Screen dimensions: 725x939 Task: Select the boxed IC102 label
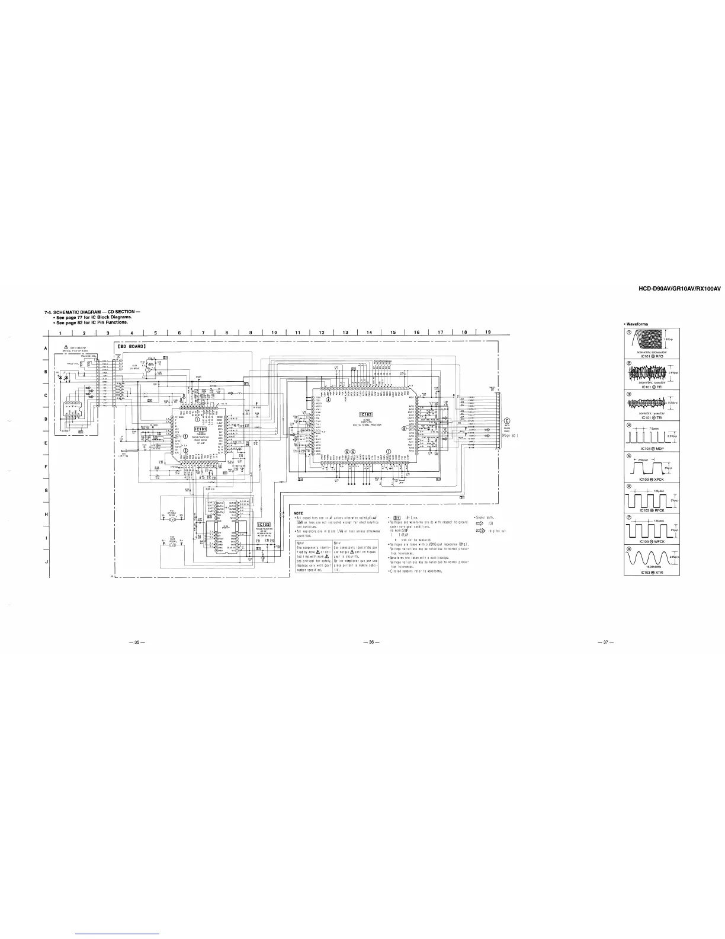(265, 524)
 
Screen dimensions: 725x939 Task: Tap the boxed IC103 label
(365, 414)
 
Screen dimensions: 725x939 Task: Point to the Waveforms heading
(637, 324)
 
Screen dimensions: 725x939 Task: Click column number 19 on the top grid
(487, 332)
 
